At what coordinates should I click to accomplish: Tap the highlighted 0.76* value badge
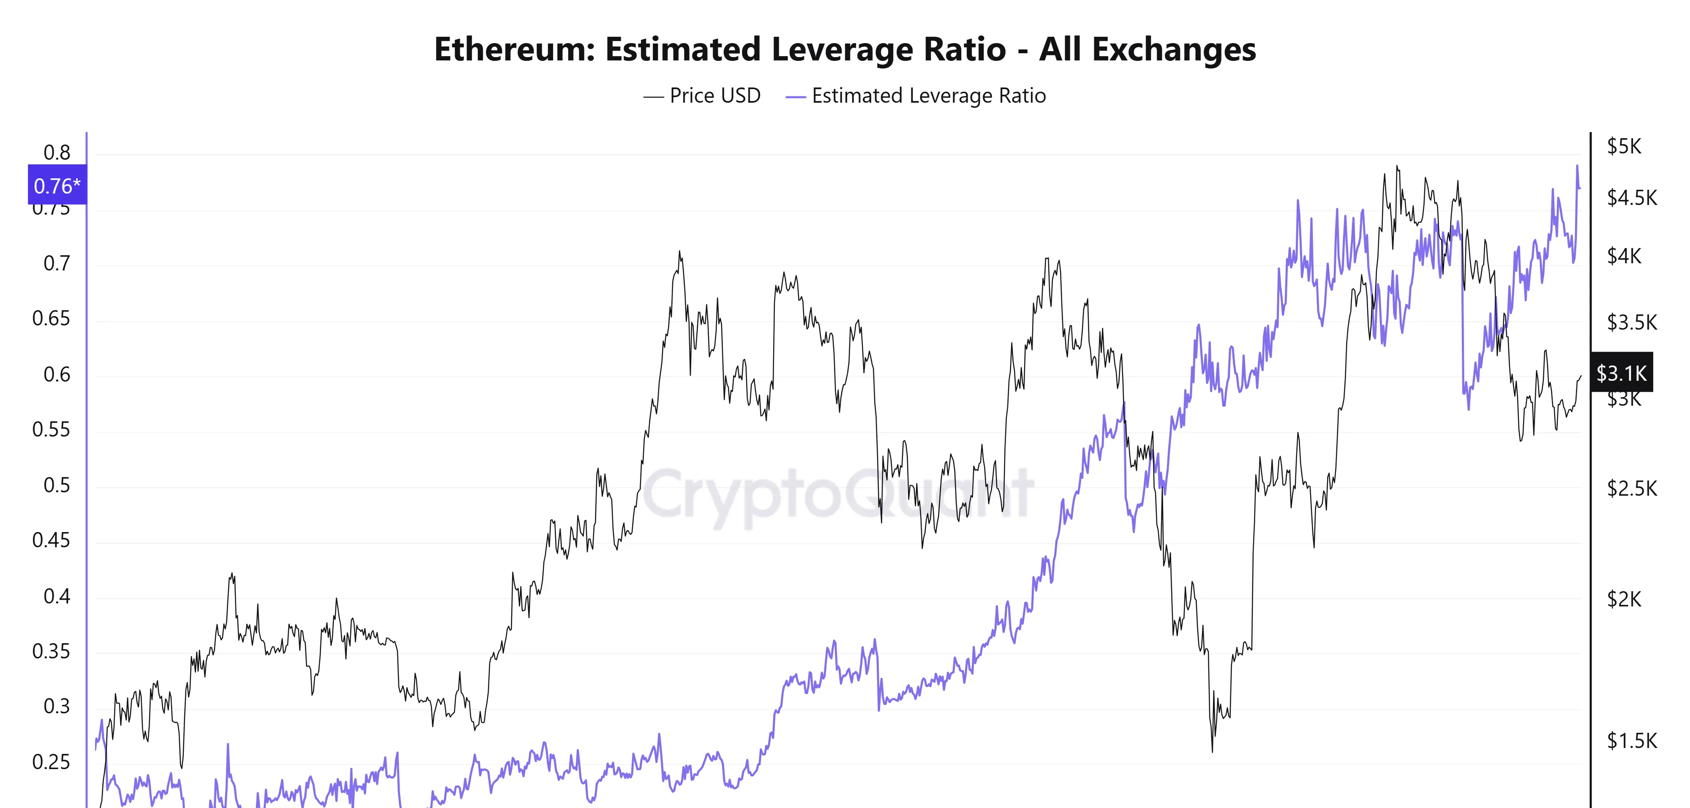click(x=57, y=186)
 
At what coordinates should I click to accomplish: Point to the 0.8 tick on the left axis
click(x=57, y=153)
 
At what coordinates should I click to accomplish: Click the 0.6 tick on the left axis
click(x=57, y=375)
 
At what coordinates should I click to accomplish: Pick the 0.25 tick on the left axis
click(x=51, y=762)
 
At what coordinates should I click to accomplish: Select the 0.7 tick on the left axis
click(x=57, y=264)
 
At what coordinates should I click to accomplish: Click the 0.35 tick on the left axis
click(x=51, y=651)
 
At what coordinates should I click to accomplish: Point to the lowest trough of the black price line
click(x=1212, y=751)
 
